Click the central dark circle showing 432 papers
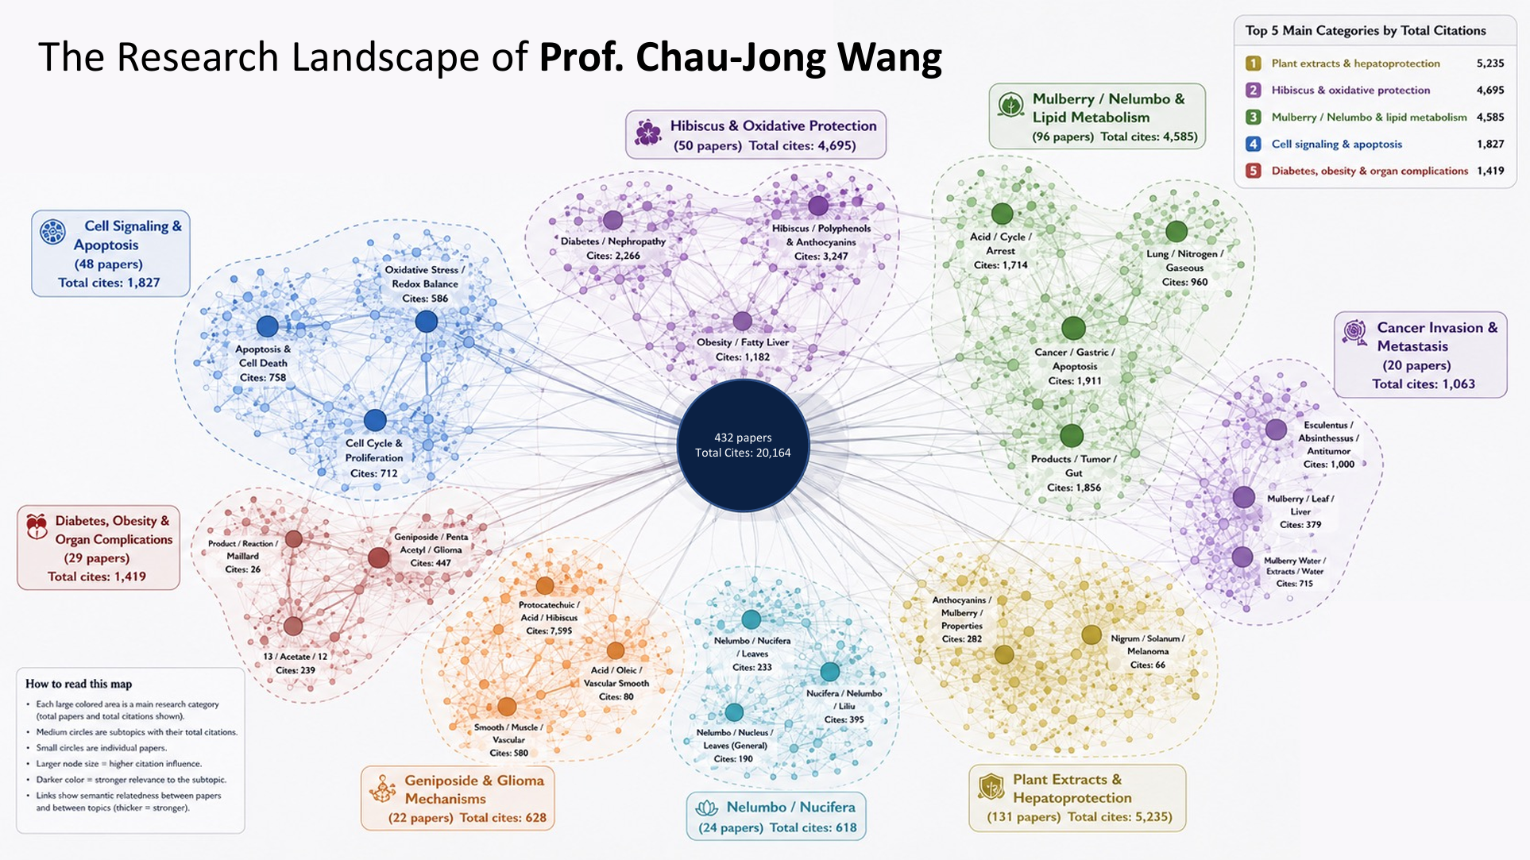[743, 445]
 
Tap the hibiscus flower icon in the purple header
[648, 133]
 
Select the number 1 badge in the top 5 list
[1254, 64]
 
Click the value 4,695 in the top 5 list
[1490, 91]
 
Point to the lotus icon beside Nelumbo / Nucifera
[706, 808]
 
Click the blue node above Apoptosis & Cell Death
[268, 326]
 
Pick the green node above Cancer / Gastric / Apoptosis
[1073, 328]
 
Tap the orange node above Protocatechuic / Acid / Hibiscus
[545, 586]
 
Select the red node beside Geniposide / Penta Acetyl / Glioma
[379, 557]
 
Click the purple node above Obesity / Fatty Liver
[743, 321]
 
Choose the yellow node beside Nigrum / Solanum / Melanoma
[1091, 634]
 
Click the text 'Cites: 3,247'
[821, 256]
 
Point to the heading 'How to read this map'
[79, 684]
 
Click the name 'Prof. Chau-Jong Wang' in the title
[740, 57]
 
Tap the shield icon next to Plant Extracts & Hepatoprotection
[991, 787]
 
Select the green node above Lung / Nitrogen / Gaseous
[1176, 232]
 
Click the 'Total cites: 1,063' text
[1424, 384]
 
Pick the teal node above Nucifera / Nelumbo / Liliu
[830, 672]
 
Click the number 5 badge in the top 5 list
[1254, 171]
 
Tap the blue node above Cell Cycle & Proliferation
[375, 420]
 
